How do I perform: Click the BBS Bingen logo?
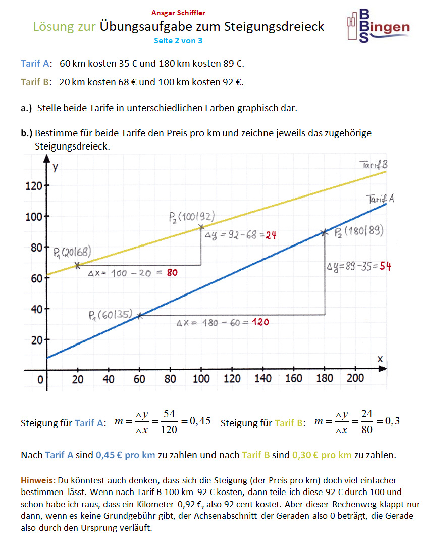click(x=378, y=25)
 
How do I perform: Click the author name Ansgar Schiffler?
click(x=178, y=13)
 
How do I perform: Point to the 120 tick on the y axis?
click(x=34, y=186)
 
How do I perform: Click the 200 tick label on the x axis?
click(x=355, y=378)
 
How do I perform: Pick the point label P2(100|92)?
click(x=192, y=217)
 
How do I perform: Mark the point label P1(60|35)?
click(x=110, y=316)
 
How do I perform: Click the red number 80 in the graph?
click(x=172, y=273)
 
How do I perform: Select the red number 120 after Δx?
click(x=259, y=322)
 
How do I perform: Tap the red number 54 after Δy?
click(x=386, y=266)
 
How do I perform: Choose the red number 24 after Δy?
click(x=271, y=235)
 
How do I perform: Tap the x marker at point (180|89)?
click(x=324, y=233)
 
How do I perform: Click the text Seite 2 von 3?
click(x=178, y=40)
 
